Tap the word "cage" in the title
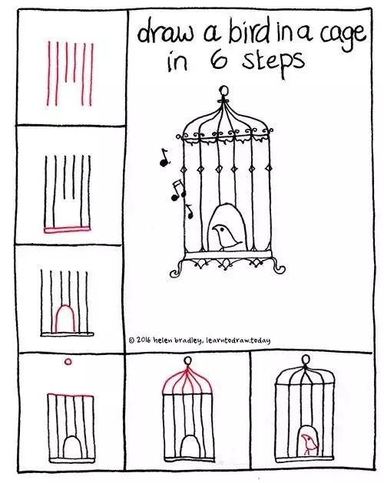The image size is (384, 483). (343, 37)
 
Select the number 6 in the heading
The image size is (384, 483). (219, 60)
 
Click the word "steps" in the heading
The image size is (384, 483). (273, 63)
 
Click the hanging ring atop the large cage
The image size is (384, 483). (224, 90)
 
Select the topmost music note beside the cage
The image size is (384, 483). (164, 157)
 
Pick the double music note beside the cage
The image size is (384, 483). (178, 191)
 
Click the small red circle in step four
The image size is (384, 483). (68, 362)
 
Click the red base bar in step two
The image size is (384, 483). (67, 229)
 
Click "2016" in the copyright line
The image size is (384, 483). (143, 340)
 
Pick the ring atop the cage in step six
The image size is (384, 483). (306, 359)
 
